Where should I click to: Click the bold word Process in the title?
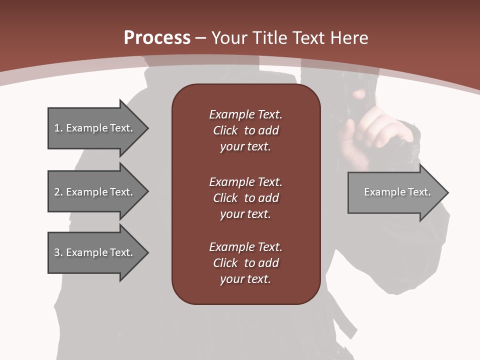tap(157, 37)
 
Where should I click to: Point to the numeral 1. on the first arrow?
tap(58, 128)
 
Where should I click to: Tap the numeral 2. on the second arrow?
tap(58, 192)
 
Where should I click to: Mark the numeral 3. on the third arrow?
tap(58, 252)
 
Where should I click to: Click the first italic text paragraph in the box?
tap(245, 130)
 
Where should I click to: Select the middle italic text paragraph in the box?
tap(245, 197)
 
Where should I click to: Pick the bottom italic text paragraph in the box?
tap(245, 263)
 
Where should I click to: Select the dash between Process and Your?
tap(201, 38)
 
